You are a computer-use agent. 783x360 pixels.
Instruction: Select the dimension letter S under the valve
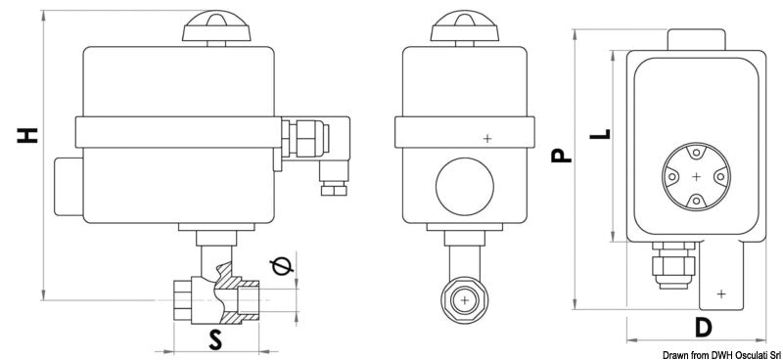pos(214,338)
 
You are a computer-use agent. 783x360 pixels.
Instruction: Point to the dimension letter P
pos(558,154)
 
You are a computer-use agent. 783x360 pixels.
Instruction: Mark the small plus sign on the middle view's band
pos(487,139)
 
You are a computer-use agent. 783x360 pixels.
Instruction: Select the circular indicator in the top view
pos(695,177)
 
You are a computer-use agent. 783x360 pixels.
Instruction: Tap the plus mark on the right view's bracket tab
pos(721,292)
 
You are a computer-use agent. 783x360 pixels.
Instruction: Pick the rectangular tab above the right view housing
pos(695,39)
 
